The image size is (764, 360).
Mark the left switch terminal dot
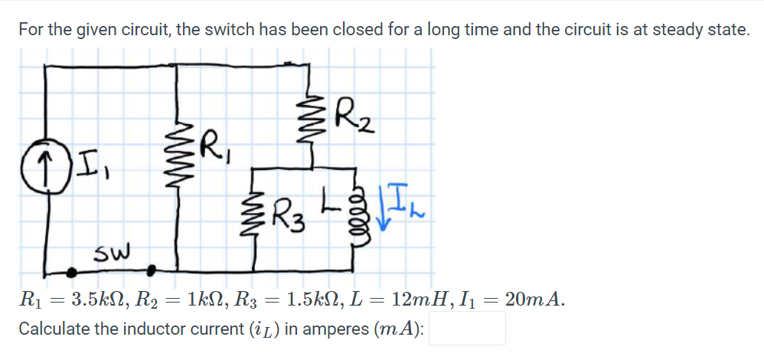73,270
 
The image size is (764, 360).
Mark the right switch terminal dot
152,270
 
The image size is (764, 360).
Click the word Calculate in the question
54,329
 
